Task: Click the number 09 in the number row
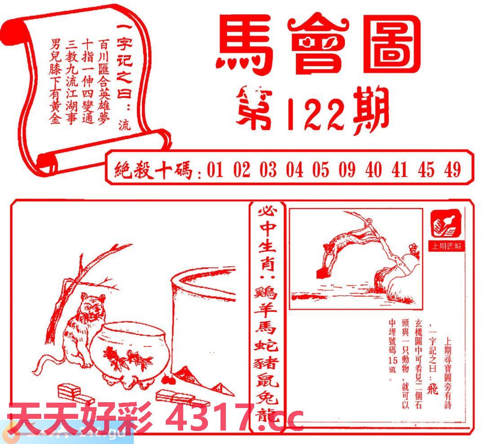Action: [347, 170]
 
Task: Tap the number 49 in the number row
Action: [452, 170]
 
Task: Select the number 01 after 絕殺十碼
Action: [215, 170]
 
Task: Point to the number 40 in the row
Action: [374, 170]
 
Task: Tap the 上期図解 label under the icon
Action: [447, 247]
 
